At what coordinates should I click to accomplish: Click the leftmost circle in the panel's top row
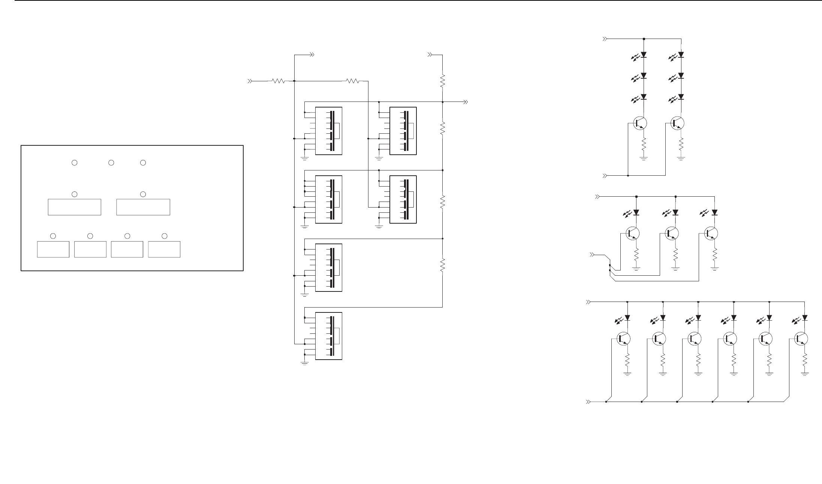75,163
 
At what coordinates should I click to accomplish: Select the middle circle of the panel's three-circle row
111,163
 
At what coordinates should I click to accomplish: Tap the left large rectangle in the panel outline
75,207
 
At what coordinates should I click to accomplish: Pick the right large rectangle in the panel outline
143,207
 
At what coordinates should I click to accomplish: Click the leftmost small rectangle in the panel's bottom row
53,249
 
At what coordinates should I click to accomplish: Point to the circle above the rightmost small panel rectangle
164,236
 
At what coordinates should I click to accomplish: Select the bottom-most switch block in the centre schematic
329,336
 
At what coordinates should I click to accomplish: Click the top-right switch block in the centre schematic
403,131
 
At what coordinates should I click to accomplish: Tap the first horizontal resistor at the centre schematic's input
278,81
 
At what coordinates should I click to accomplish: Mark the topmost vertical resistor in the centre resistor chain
443,81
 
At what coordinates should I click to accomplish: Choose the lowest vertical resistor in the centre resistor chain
443,265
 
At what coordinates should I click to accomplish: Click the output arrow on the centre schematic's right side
466,102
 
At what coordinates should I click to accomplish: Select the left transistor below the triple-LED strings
640,123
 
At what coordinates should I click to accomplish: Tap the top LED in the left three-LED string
644,55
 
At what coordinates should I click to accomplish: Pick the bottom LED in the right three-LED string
681,97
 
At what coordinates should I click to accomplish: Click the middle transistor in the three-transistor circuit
672,233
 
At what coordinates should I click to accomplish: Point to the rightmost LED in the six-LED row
804,318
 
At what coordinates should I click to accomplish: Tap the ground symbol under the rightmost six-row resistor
805,373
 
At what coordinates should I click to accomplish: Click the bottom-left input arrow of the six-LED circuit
588,402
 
